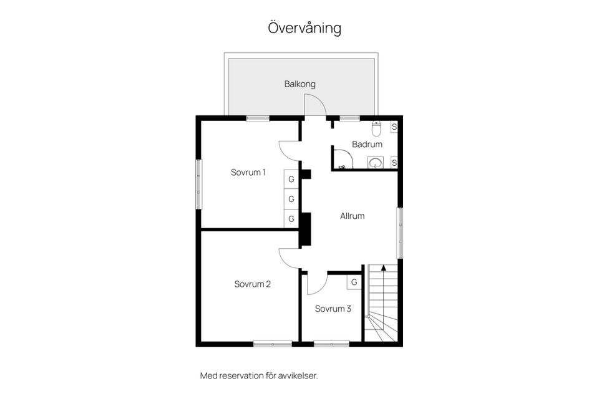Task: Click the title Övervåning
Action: click(x=304, y=28)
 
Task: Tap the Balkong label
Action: click(x=300, y=84)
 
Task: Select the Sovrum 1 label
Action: click(x=248, y=172)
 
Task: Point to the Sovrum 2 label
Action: click(x=253, y=284)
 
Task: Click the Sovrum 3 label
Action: click(x=333, y=309)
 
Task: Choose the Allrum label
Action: click(x=352, y=216)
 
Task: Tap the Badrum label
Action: click(x=367, y=145)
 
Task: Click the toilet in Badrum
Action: click(x=377, y=128)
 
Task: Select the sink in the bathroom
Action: click(x=376, y=163)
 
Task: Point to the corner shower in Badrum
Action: click(x=343, y=158)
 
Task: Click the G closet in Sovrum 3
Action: click(x=354, y=282)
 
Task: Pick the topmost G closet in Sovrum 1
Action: click(x=291, y=179)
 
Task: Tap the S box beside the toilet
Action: click(x=394, y=127)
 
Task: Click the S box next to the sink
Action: click(x=394, y=163)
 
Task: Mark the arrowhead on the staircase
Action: click(x=384, y=267)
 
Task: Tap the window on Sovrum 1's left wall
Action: click(x=198, y=185)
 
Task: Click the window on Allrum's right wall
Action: click(x=400, y=233)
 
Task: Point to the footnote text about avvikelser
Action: click(x=259, y=376)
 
